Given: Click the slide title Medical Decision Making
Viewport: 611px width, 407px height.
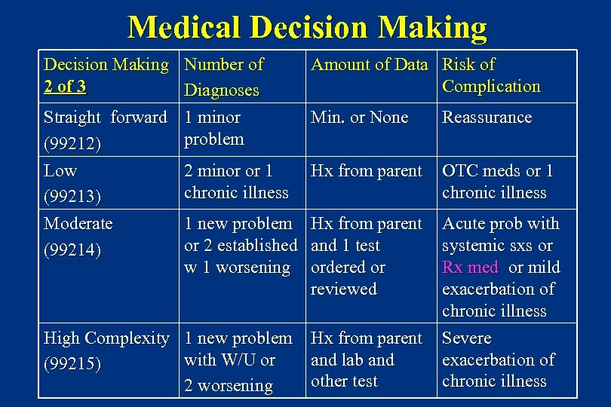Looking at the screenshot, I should coord(307,27).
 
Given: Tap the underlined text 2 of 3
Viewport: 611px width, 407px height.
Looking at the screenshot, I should coord(65,87).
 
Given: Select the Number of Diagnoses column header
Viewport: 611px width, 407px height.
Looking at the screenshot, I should coord(223,77).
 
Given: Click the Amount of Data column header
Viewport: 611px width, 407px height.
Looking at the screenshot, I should coord(370,65).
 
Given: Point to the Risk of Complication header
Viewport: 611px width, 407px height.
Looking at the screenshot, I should coord(490,75).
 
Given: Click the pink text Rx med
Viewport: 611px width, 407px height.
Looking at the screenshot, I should coord(470,268).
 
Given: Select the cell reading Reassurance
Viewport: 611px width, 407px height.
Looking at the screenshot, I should coord(487,118).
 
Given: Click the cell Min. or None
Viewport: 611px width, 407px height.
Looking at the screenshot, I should coord(359,118).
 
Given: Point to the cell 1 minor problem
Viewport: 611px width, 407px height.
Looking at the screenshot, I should coord(214,128).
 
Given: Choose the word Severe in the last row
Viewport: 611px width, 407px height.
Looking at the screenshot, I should coord(466,338).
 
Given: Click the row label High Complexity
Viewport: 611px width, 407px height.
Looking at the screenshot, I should coord(106,338).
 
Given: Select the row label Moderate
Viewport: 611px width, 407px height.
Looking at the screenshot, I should coord(78,224).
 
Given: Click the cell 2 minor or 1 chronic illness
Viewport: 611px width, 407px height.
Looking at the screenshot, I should coord(236,182).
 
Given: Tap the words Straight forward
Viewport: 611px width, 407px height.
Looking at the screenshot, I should coord(106,118).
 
